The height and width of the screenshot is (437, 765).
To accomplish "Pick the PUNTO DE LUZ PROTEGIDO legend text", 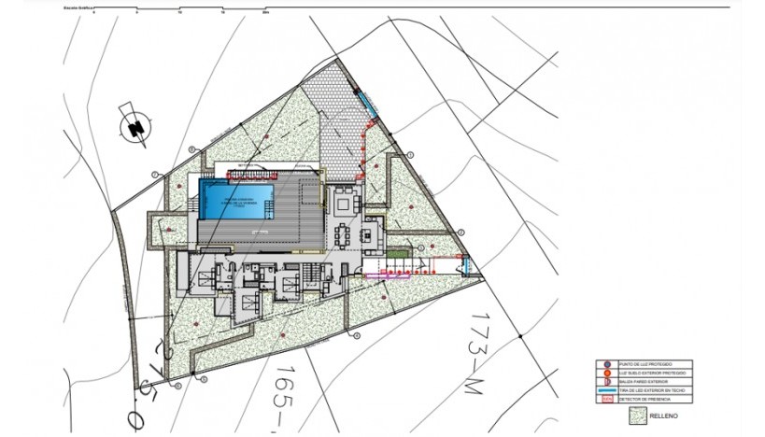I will click(645, 363).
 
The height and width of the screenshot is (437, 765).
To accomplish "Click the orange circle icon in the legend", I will click(607, 373).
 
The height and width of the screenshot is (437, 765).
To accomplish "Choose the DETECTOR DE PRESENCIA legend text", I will click(645, 399).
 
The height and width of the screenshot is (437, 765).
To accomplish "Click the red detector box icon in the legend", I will click(607, 400).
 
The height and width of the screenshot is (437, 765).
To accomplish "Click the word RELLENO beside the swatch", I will click(662, 416).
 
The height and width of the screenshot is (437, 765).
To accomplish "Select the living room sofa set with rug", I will click(345, 202).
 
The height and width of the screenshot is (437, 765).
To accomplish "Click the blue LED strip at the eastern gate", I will click(468, 266).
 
